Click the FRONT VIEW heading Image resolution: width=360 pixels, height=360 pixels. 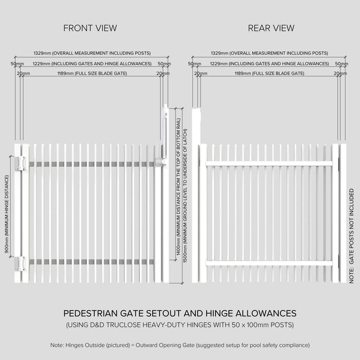tap(90, 28)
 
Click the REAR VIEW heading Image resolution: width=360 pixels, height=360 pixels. tap(271, 28)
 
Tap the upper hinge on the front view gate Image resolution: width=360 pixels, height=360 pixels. tap(21, 164)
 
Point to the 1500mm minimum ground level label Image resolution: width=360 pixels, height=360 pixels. tap(185, 195)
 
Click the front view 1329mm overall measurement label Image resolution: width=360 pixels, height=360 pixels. tap(92, 53)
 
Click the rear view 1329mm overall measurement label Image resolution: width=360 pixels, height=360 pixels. tap(269, 53)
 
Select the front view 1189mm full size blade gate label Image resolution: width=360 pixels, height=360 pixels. tap(92, 74)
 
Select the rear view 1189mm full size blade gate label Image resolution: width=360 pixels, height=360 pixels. tap(269, 74)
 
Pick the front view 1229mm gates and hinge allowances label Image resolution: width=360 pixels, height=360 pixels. tap(92, 64)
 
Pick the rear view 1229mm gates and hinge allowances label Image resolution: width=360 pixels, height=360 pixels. tap(269, 64)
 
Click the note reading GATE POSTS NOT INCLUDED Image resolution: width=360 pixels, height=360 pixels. tap(352, 235)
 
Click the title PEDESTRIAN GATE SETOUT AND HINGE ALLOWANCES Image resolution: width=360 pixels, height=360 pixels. tap(179, 313)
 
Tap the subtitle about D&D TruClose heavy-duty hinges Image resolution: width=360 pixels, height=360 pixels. tap(179, 325)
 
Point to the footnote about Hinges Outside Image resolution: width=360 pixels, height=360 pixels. tap(179, 345)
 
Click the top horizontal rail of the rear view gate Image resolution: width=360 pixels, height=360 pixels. tap(269, 164)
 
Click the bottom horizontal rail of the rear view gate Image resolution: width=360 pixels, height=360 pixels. tap(269, 263)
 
